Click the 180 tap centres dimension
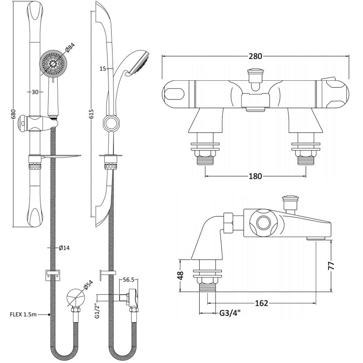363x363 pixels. point(255,176)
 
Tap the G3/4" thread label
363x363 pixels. point(230,313)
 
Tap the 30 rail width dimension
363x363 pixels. point(35,92)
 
